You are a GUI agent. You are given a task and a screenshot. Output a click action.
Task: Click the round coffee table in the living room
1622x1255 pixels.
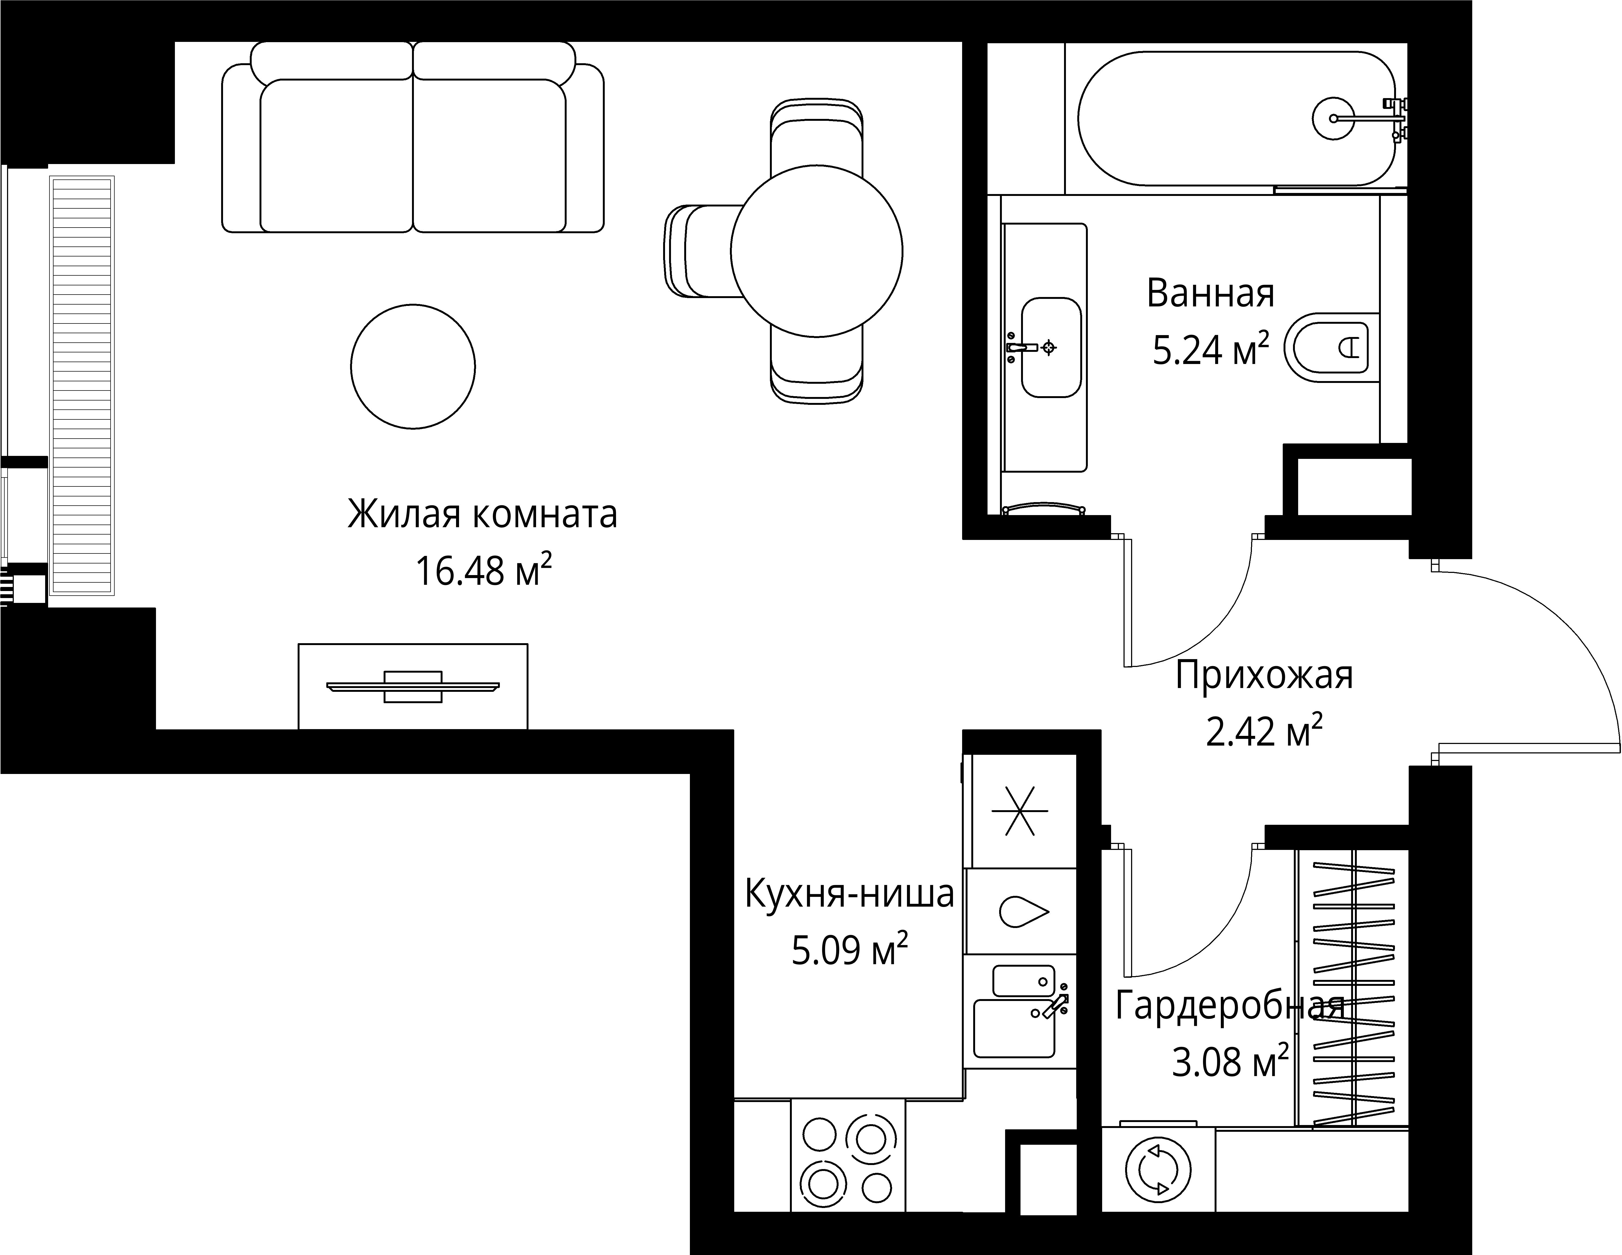click(413, 366)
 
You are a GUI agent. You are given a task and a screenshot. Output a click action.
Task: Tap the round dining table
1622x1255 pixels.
click(816, 251)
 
